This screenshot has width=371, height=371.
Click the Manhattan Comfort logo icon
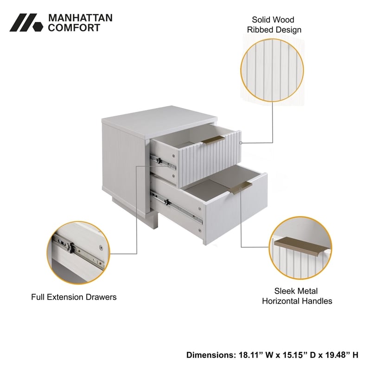(x=26, y=22)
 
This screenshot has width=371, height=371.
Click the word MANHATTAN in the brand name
(x=80, y=18)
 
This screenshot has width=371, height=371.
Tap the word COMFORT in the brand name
(x=74, y=28)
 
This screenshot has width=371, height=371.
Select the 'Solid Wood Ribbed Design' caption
(x=274, y=25)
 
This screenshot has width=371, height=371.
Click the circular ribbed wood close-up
(x=272, y=70)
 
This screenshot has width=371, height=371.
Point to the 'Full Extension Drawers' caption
(x=74, y=297)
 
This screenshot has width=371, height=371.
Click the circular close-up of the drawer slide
(x=78, y=252)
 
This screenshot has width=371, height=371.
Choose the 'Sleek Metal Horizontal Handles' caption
(x=297, y=296)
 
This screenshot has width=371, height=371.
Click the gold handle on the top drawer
(x=213, y=140)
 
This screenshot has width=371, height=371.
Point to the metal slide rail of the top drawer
(x=163, y=163)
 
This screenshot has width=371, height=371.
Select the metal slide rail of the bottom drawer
(x=177, y=208)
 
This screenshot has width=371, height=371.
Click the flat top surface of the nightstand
(x=160, y=122)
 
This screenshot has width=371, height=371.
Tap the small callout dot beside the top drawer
(x=241, y=143)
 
